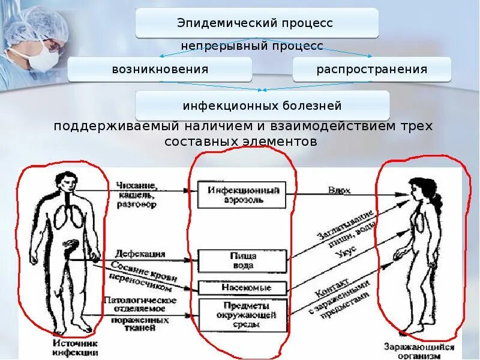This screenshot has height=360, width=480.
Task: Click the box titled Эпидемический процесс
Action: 257,23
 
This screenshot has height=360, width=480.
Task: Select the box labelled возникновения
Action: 160,70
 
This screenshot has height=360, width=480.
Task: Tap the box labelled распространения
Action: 372,70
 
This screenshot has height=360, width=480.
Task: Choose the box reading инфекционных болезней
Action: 262,106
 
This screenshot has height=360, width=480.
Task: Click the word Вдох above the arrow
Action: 340,191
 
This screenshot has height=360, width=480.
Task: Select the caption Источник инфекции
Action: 75,349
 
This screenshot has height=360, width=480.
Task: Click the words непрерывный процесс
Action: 252,46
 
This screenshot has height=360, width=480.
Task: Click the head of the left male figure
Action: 65,181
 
